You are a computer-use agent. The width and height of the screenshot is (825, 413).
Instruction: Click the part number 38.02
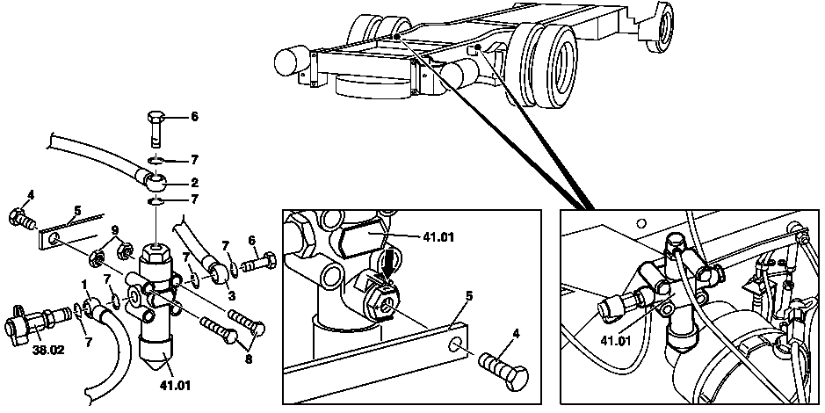tap(47, 349)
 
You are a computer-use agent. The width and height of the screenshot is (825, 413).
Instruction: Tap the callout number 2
tap(195, 183)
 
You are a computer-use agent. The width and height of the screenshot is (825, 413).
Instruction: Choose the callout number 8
tap(249, 359)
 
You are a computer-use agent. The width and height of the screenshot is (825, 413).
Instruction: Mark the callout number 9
tap(115, 229)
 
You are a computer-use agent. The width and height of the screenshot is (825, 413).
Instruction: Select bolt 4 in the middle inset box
tap(503, 371)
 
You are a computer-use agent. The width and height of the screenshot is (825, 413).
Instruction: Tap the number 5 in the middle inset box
tap(468, 295)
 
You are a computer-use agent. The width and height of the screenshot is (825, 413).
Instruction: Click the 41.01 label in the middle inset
tap(438, 236)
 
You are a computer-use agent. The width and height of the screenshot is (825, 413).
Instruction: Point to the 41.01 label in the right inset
tap(616, 340)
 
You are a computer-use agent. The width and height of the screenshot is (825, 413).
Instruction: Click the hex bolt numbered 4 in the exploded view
tap(22, 218)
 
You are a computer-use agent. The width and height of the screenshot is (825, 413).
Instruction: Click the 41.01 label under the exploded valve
tap(175, 386)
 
